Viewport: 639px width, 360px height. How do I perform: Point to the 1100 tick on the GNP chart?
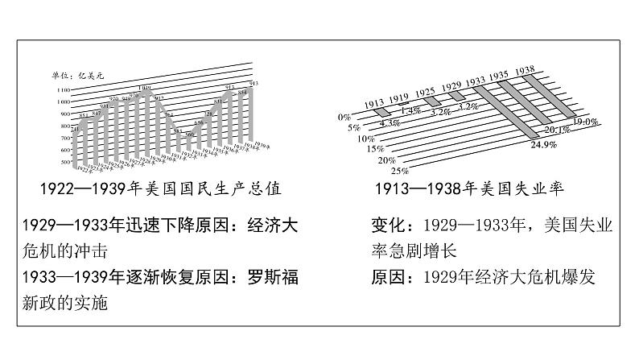pos(63,89)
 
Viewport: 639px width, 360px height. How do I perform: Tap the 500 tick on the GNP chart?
pos(64,163)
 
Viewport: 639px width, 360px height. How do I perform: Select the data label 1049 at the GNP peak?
pos(144,88)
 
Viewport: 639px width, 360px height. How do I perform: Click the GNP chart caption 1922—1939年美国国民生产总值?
pos(160,189)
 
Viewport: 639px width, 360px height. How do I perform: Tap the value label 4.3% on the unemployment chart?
pos(390,123)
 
